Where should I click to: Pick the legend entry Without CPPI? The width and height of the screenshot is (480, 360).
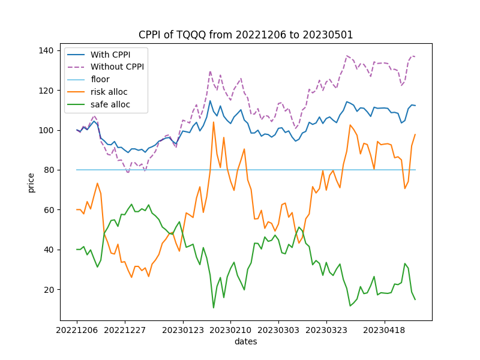[x=117, y=67]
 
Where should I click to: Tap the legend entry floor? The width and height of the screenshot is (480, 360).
[x=100, y=79]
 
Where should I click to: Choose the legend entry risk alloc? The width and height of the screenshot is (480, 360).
[x=110, y=92]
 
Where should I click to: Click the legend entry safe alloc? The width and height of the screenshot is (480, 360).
[x=110, y=104]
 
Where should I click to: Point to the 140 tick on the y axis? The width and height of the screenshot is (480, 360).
[x=47, y=50]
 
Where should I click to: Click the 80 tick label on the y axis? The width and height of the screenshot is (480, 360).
[x=49, y=170]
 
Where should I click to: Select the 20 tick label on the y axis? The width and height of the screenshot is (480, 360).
[x=49, y=289]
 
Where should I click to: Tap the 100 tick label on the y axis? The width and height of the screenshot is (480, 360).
[x=47, y=130]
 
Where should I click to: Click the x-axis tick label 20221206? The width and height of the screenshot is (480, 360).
[x=77, y=330]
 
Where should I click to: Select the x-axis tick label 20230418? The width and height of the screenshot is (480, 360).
[x=385, y=330]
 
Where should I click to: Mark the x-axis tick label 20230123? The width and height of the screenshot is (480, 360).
[x=182, y=330]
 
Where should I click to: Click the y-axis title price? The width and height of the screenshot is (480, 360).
[x=31, y=182]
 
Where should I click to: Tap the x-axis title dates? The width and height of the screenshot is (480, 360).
[x=246, y=341]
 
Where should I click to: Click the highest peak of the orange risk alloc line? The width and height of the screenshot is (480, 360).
[x=214, y=122]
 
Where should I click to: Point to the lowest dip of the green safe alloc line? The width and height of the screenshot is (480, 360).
[x=214, y=308]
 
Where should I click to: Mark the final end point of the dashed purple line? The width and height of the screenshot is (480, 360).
[x=415, y=56]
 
